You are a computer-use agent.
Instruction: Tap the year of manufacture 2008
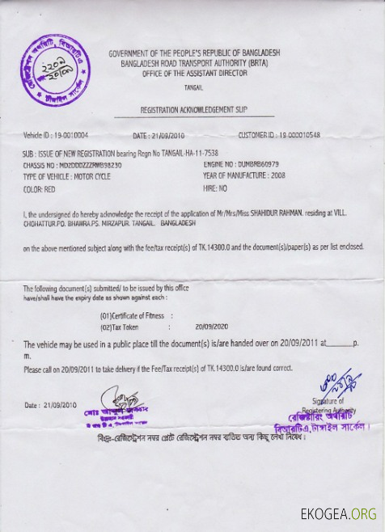tap(278, 175)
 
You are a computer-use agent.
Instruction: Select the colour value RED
tap(49, 188)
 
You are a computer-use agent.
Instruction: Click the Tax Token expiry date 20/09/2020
tap(210, 327)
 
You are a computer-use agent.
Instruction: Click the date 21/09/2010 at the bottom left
tap(61, 403)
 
